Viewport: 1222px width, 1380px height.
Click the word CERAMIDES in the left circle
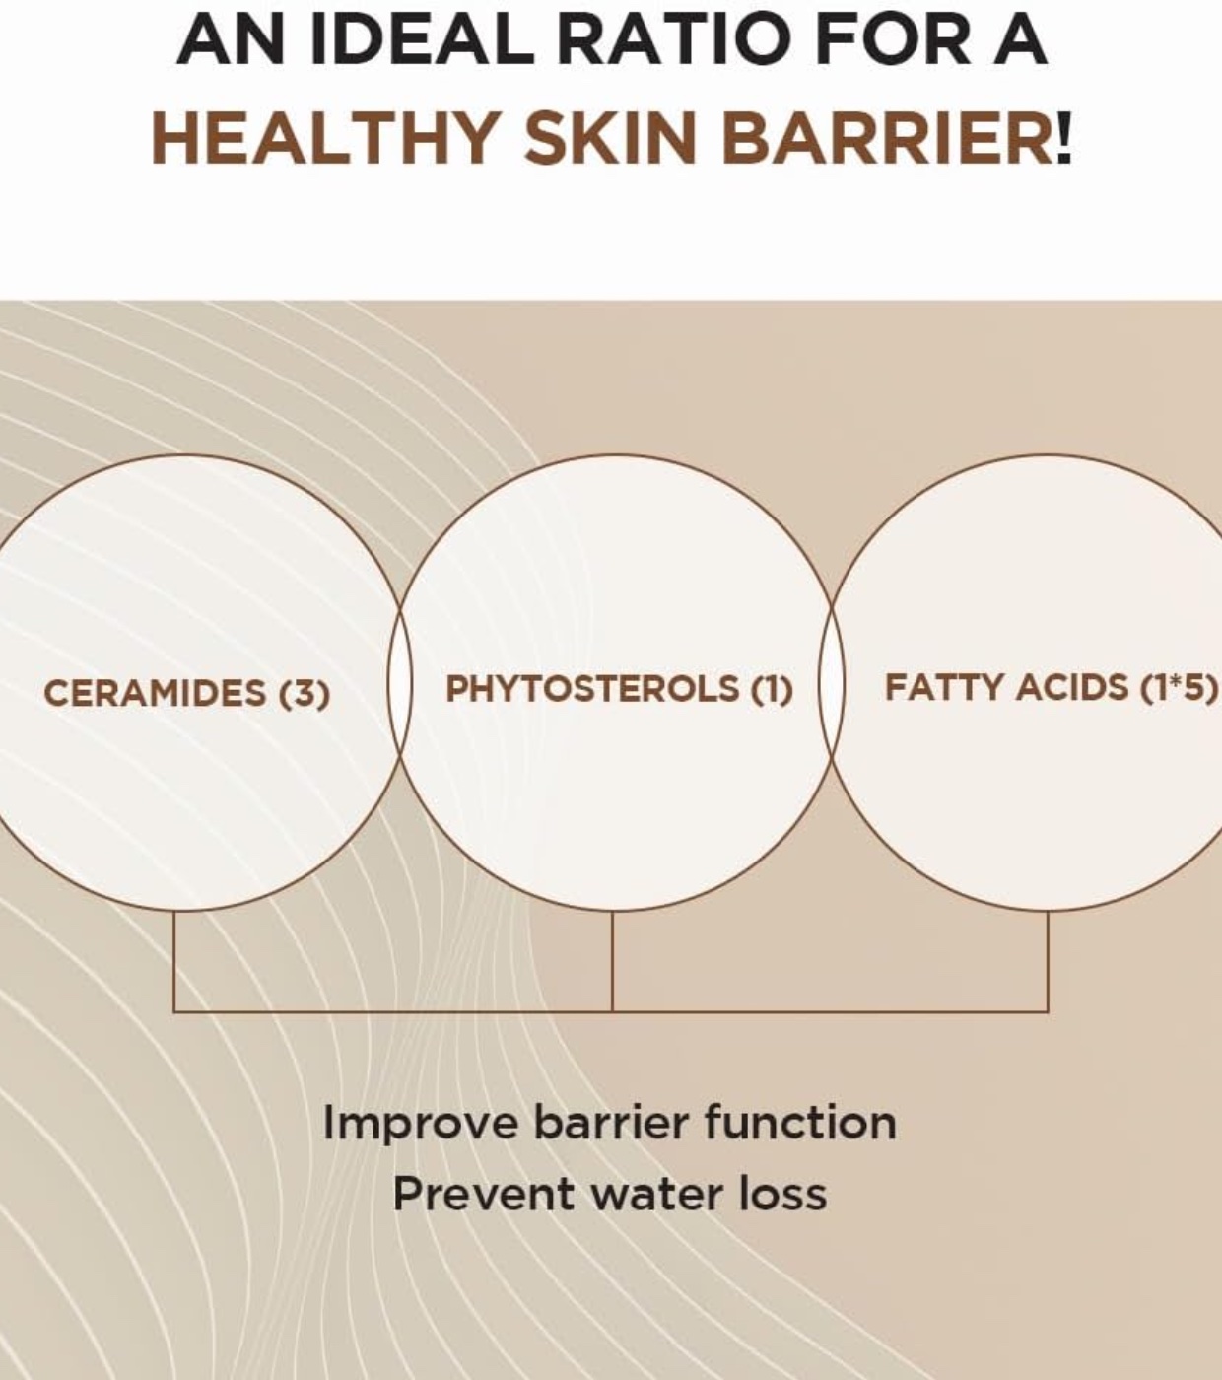click(155, 693)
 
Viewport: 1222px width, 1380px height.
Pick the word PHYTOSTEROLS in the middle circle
click(592, 689)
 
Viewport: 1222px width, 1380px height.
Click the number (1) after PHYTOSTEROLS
click(772, 689)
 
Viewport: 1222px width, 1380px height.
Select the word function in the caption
click(799, 1123)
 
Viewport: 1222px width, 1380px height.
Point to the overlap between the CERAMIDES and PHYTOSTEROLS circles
click(400, 682)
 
